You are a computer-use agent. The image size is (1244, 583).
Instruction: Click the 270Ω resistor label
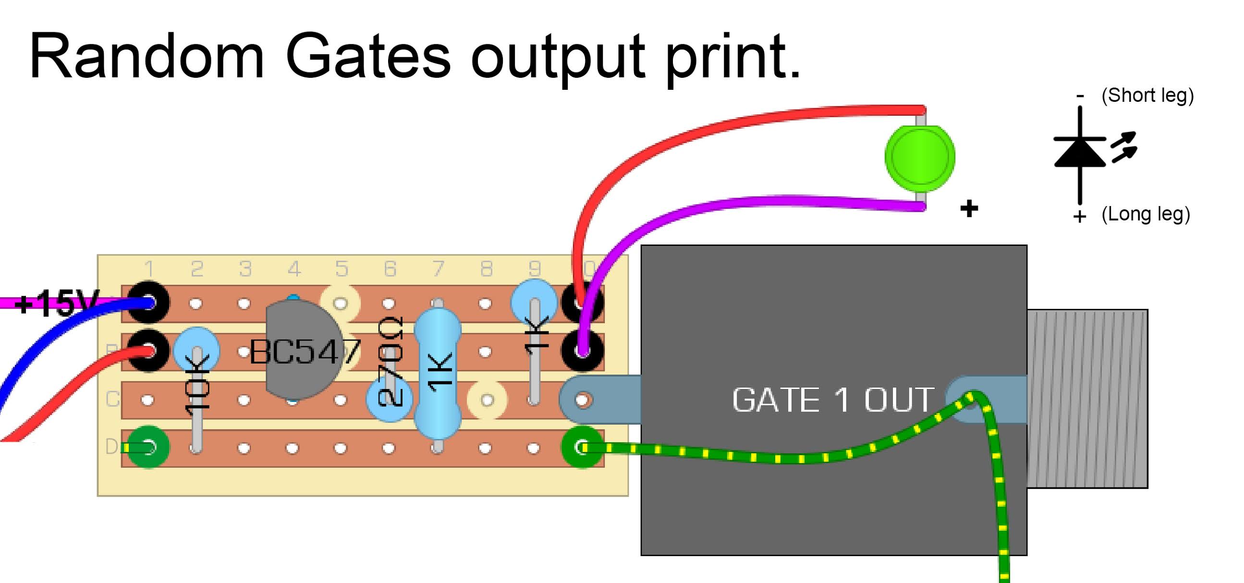coord(390,362)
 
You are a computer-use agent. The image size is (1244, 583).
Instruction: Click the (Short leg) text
coord(1147,96)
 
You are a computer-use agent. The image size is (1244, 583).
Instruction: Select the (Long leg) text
coord(1146,214)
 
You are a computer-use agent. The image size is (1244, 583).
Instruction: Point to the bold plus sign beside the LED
coord(969,209)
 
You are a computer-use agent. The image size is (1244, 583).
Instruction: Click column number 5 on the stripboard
coord(341,269)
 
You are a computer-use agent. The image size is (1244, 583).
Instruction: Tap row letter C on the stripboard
coord(112,400)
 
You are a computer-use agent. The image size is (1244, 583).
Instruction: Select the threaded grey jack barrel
coord(1086,399)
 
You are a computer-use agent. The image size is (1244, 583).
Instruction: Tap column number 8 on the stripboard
coord(486,269)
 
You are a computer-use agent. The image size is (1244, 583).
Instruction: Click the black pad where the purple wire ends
coord(583,351)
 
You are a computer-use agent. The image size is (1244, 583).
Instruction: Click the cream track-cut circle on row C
coord(487,400)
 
